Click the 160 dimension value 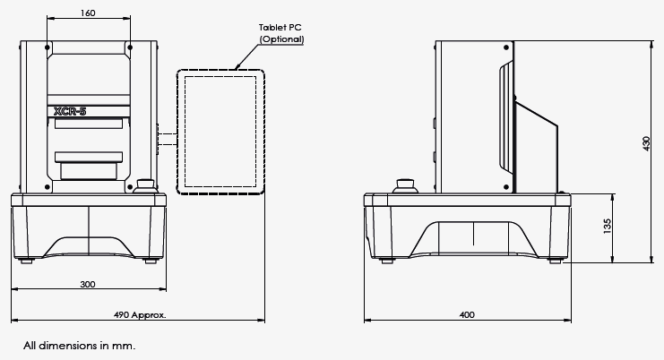[88, 13]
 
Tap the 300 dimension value [88, 284]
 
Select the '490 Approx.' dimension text [140, 315]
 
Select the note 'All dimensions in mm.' [80, 345]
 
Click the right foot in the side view [557, 260]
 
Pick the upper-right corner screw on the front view [130, 47]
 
